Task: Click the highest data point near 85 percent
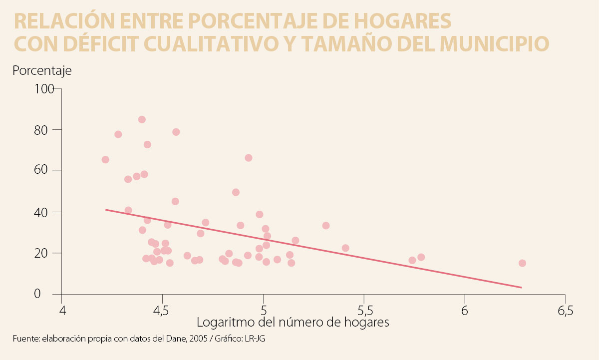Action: click(x=142, y=119)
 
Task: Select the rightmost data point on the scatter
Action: click(x=522, y=263)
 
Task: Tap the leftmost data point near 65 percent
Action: click(x=105, y=160)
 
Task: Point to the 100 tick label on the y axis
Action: click(x=43, y=89)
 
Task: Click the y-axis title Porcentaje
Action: click(x=42, y=70)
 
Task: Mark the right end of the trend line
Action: click(x=521, y=287)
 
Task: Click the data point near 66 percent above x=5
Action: click(x=249, y=158)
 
